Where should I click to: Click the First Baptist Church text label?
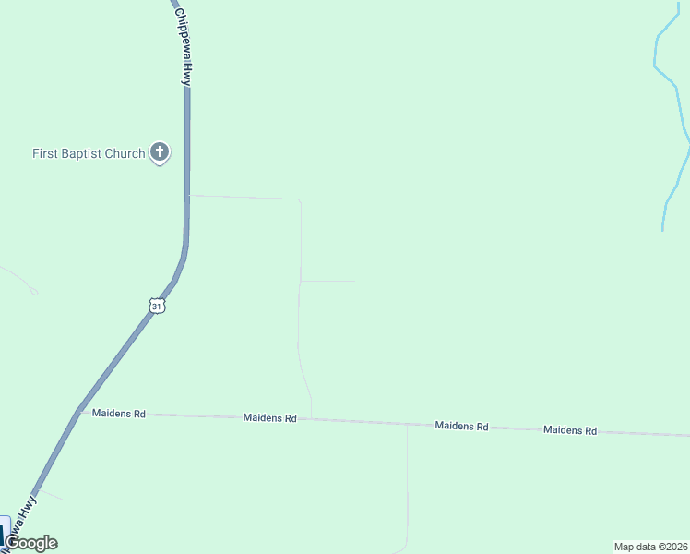[89, 153]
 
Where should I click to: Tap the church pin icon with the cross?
[160, 152]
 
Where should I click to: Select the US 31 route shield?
[158, 307]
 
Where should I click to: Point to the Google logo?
[31, 543]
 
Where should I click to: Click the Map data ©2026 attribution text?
[650, 547]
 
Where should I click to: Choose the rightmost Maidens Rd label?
[570, 430]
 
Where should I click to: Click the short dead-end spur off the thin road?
[327, 282]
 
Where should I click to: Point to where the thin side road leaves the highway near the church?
[188, 196]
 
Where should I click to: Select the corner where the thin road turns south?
[300, 199]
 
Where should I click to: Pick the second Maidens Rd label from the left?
[270, 418]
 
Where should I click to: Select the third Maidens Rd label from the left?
[461, 426]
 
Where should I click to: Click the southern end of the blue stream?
[663, 228]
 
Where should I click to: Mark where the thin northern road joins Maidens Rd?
[311, 419]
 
